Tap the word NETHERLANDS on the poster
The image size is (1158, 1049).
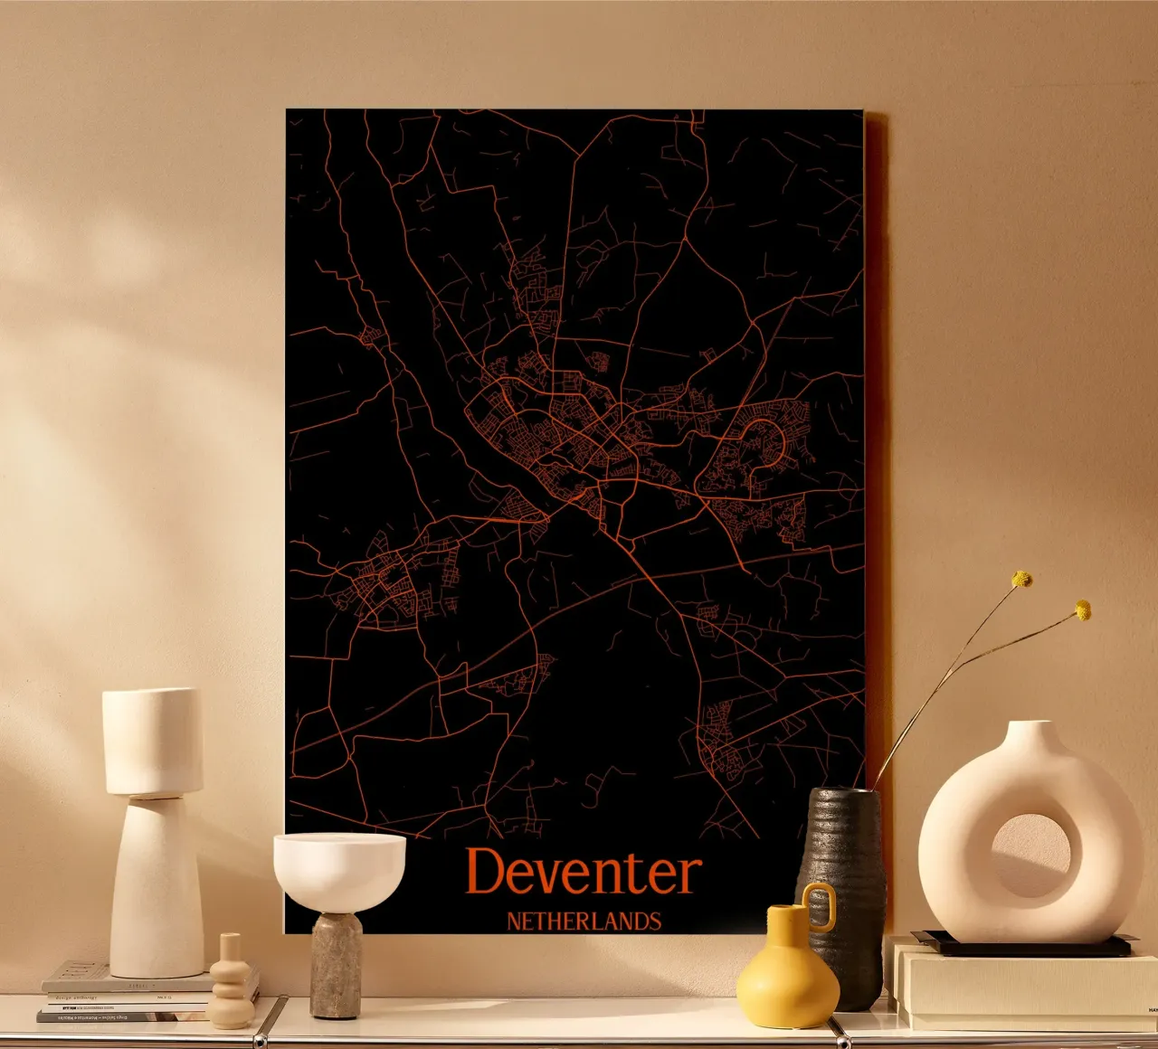pyautogui.click(x=584, y=921)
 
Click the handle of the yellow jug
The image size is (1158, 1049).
pyautogui.click(x=820, y=906)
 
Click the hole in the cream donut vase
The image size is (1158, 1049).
pyautogui.click(x=1030, y=855)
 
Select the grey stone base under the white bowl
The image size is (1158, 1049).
pyautogui.click(x=337, y=966)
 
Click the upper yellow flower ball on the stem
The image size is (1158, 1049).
pyautogui.click(x=1022, y=579)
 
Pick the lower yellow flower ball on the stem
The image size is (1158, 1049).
pyautogui.click(x=1082, y=610)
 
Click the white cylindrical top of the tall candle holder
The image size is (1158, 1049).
pyautogui.click(x=152, y=742)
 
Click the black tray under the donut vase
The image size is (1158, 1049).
pyautogui.click(x=1022, y=946)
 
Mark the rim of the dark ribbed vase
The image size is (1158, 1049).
pyautogui.click(x=843, y=792)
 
